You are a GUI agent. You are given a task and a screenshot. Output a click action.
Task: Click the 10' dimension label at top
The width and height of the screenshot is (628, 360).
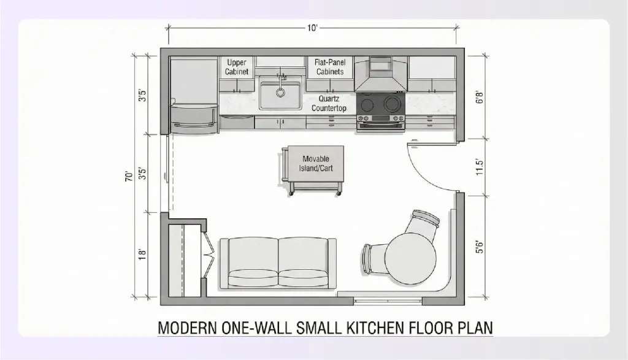[x=313, y=28]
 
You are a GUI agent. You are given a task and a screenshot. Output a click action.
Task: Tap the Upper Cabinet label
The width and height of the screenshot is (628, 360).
[x=237, y=67]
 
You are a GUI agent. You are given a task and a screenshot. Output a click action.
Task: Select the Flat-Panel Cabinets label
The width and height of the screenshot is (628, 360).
[x=330, y=67]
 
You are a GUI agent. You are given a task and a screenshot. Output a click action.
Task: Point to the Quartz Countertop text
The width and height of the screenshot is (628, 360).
[x=329, y=103]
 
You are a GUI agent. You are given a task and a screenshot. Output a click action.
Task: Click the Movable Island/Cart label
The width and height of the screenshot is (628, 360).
[x=316, y=163]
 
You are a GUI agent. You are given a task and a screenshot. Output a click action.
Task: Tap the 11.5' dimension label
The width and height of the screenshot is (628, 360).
[x=480, y=167]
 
